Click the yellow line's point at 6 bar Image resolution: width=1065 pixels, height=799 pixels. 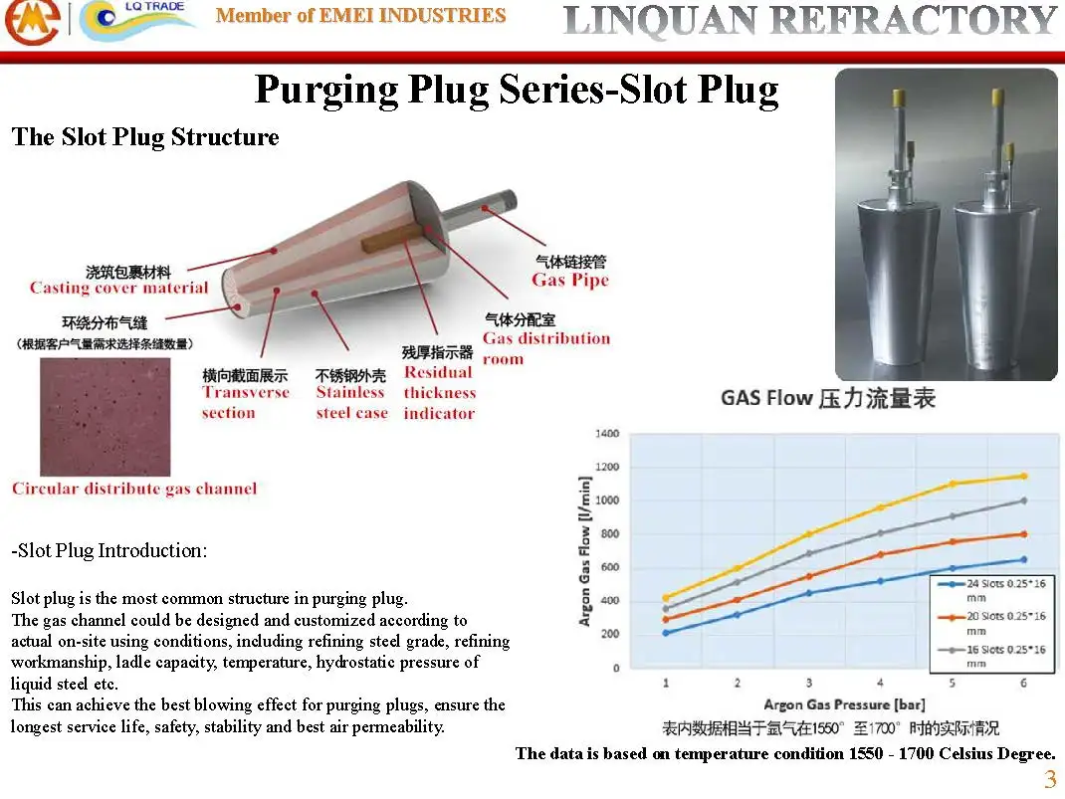[x=1023, y=476]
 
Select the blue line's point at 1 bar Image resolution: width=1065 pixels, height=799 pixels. [x=666, y=632]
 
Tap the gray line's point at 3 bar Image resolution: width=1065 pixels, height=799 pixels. [x=809, y=553]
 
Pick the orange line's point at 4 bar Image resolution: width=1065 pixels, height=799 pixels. [x=881, y=554]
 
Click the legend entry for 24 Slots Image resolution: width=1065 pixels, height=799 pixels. [x=990, y=590]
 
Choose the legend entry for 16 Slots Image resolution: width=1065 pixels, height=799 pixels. [x=990, y=655]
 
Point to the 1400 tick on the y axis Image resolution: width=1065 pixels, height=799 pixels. [x=607, y=434]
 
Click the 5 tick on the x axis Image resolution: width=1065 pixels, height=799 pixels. [x=953, y=684]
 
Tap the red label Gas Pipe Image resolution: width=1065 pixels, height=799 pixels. [x=569, y=280]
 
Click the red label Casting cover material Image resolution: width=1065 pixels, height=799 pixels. [x=118, y=288]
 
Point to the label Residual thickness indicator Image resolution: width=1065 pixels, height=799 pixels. [x=439, y=392]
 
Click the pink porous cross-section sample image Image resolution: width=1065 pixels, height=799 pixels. [x=105, y=417]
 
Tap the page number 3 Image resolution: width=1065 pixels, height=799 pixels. [x=1050, y=779]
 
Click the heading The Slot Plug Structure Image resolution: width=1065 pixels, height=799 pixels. [x=145, y=137]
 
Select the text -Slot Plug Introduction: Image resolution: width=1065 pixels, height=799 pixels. [x=109, y=550]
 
